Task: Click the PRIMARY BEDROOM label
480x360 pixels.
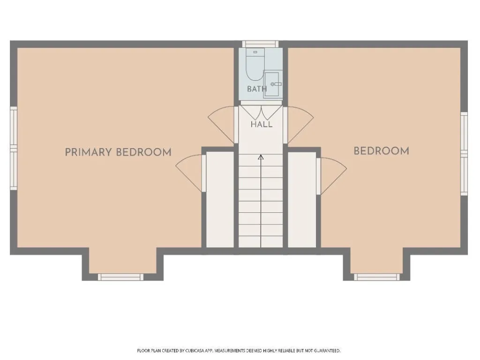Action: click(x=118, y=152)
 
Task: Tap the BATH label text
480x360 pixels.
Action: click(x=257, y=89)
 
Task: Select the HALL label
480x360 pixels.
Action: click(x=262, y=124)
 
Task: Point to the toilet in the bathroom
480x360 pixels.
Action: click(x=255, y=64)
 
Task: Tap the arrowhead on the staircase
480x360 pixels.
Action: click(x=261, y=157)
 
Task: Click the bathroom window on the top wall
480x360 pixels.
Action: click(x=261, y=44)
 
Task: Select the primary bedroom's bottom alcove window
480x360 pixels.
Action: click(x=120, y=277)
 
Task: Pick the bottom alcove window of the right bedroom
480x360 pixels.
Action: click(x=377, y=277)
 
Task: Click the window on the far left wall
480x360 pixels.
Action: click(x=14, y=148)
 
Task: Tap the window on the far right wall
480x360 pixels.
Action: click(x=464, y=154)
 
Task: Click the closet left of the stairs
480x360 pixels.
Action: click(x=220, y=199)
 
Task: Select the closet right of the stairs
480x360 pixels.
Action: click(x=302, y=199)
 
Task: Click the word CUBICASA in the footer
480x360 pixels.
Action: click(x=195, y=351)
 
